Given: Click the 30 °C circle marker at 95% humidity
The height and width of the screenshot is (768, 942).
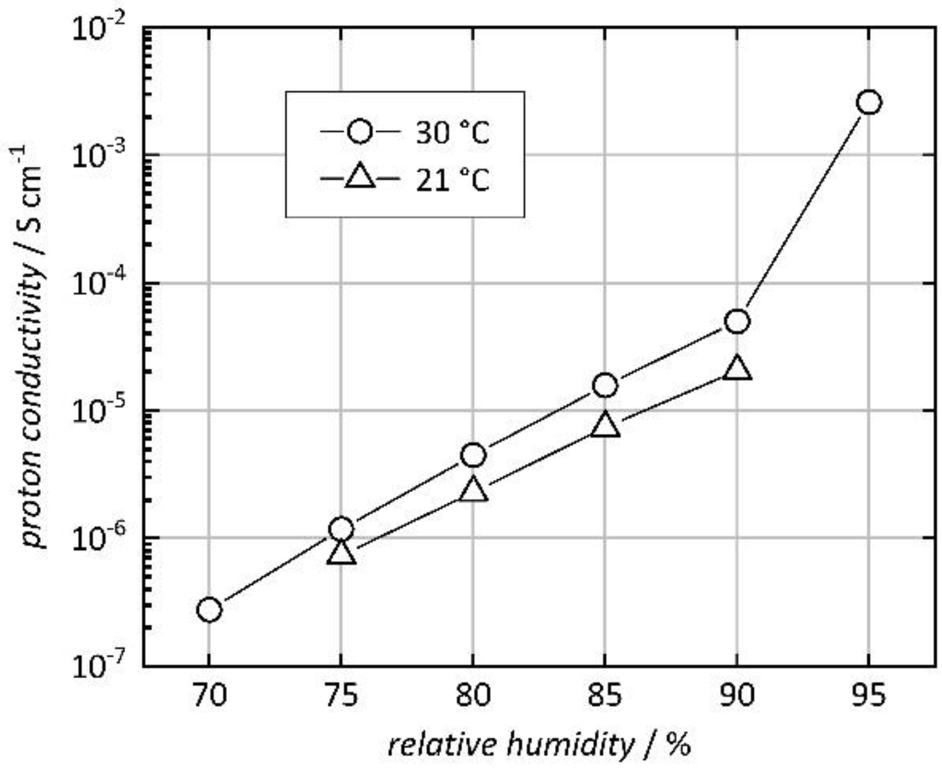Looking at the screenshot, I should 869,103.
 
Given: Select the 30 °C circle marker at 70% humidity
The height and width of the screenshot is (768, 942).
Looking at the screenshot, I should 209,610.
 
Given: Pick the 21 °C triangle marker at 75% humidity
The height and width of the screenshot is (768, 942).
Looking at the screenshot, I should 341,552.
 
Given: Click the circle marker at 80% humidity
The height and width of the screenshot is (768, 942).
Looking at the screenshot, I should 473,455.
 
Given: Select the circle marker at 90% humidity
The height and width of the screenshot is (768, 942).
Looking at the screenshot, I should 737,321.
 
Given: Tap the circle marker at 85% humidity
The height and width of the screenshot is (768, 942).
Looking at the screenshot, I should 605,385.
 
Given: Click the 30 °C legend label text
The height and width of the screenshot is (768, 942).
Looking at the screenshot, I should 452,133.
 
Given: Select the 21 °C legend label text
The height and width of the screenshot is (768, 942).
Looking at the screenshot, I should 452,180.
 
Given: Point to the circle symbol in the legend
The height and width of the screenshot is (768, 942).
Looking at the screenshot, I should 360,131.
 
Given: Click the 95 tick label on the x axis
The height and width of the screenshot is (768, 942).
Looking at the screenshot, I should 869,695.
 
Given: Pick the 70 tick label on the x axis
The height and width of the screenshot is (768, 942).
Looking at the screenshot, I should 209,695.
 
